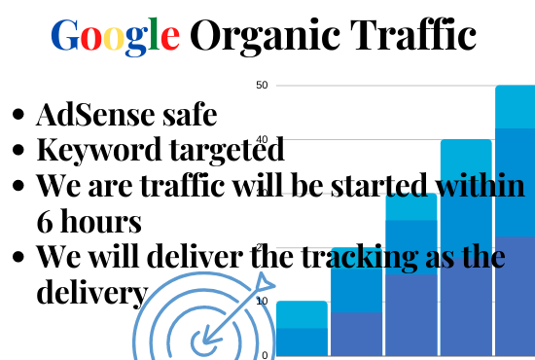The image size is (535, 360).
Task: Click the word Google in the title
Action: [x=115, y=37]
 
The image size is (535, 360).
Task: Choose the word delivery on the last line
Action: [x=92, y=292]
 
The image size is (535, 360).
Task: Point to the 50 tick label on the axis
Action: [x=261, y=86]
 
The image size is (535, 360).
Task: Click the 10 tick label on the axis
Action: [x=262, y=302]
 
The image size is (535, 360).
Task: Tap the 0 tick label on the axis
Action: [x=265, y=354]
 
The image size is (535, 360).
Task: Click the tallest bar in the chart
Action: [x=515, y=224]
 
